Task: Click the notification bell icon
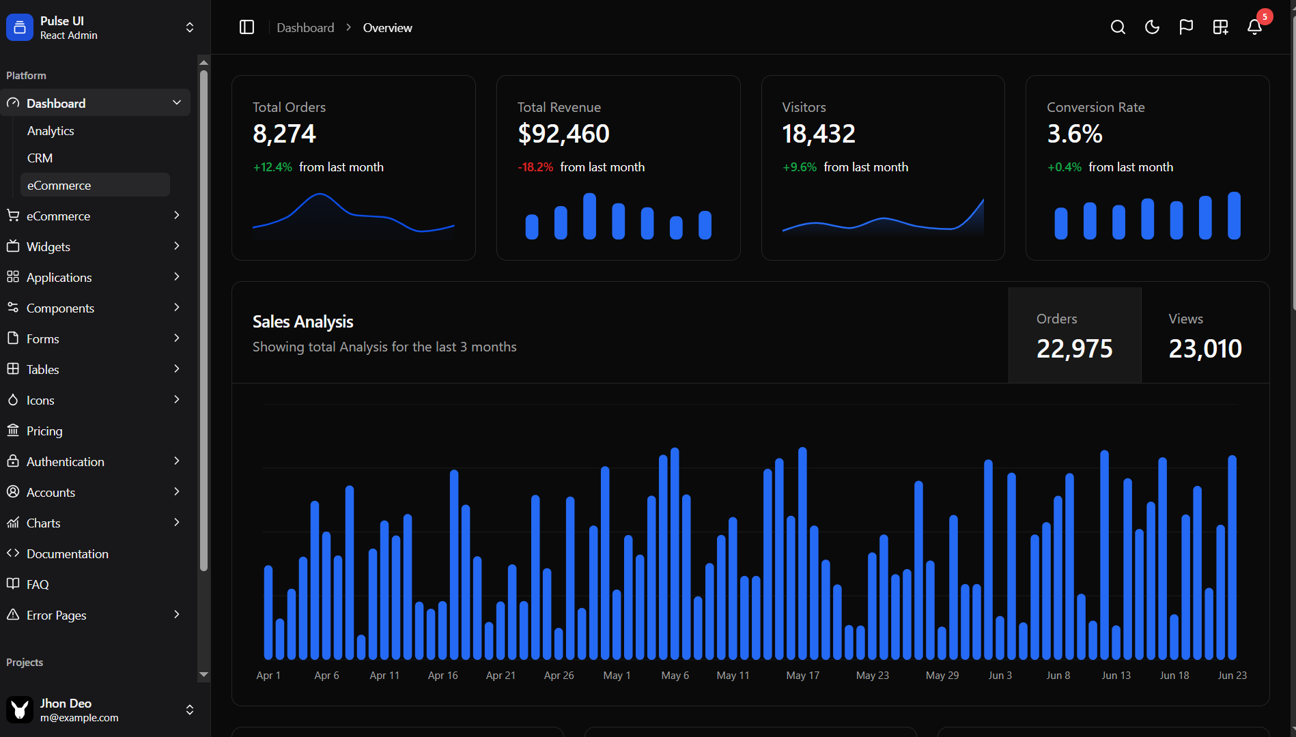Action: click(1254, 27)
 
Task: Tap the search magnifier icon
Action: click(1118, 27)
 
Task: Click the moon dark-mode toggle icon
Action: click(1152, 27)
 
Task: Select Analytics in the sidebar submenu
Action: click(51, 131)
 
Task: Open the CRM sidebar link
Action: click(40, 158)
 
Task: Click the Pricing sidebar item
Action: click(44, 431)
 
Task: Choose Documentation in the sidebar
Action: click(67, 554)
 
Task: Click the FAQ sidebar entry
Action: click(38, 585)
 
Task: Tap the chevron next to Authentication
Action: click(177, 461)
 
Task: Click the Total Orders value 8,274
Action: click(284, 134)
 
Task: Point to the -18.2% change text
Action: click(535, 167)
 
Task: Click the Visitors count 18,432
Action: click(818, 134)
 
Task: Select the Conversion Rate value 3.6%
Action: click(1074, 134)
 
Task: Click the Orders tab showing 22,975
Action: click(1074, 335)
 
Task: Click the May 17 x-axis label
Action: click(802, 676)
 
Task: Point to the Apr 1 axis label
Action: click(268, 676)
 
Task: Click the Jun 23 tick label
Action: click(1232, 676)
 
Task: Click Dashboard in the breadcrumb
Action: click(305, 28)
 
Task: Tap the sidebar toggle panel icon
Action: click(246, 27)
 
